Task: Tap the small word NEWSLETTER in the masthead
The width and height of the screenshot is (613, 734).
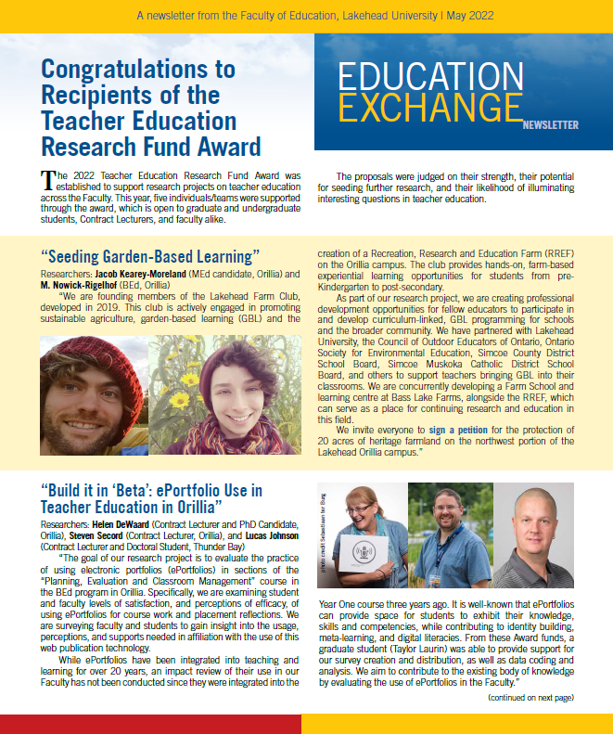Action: (x=551, y=124)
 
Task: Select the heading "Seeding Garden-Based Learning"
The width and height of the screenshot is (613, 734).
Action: (x=147, y=256)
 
